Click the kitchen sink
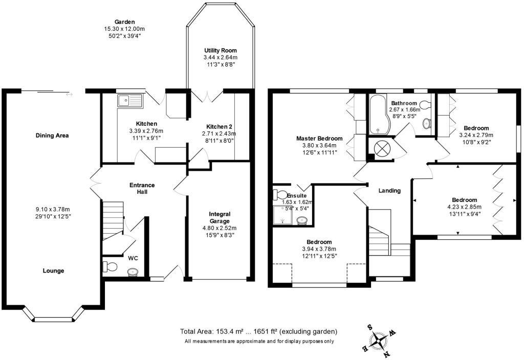click(129, 100)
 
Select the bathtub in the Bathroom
click(378, 114)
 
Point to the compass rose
click(378, 341)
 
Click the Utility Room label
click(221, 51)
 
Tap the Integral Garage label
click(220, 217)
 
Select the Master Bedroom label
click(319, 138)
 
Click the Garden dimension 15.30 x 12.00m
click(124, 29)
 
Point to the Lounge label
click(53, 271)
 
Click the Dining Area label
click(52, 135)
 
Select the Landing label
click(389, 191)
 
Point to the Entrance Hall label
click(142, 188)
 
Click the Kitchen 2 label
click(219, 127)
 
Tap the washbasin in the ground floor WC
click(133, 272)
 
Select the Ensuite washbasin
click(302, 221)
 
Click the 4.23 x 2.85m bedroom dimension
click(465, 207)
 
